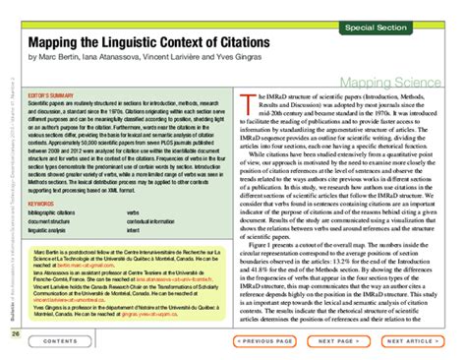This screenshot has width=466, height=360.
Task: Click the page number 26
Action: [15, 333]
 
